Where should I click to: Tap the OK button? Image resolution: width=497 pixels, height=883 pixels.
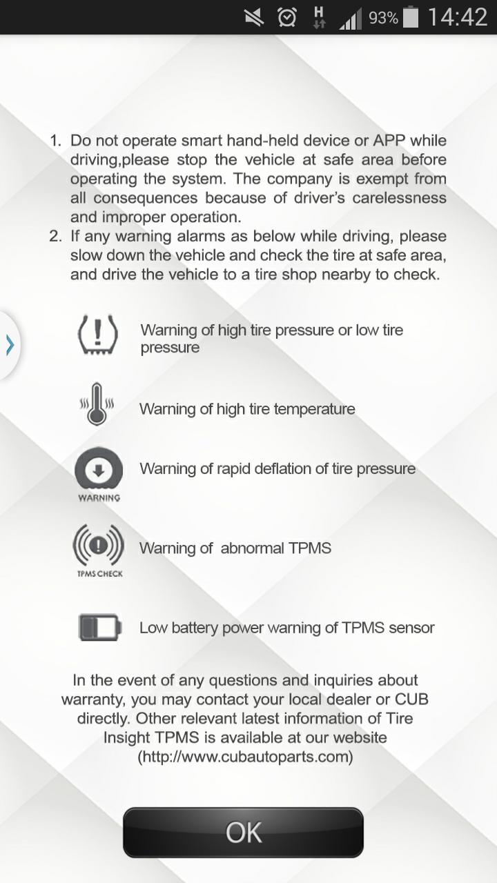[243, 832]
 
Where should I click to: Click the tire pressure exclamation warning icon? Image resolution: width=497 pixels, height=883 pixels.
[98, 335]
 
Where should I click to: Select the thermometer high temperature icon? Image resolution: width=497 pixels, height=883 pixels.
[97, 404]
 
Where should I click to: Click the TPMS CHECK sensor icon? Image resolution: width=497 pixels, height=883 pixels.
[98, 546]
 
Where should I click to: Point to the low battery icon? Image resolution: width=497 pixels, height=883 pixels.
[99, 627]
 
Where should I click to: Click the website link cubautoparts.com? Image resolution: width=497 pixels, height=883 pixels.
[246, 757]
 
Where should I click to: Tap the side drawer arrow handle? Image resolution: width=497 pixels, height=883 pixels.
[10, 344]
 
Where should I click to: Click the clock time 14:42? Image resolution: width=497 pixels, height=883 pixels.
[457, 17]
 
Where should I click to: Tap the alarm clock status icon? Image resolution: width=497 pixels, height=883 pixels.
[287, 17]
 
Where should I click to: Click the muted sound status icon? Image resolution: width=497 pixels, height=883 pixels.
[255, 17]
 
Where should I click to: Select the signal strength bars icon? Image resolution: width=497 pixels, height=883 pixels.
[350, 19]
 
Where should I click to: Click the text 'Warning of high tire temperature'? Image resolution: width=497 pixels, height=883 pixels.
[247, 409]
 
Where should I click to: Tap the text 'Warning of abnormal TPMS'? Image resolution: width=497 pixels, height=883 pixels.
[235, 548]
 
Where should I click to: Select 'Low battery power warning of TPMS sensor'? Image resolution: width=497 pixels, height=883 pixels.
[286, 628]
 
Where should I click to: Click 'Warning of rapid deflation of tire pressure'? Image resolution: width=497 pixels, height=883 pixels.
[277, 469]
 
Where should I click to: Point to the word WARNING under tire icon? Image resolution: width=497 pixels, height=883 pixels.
[99, 498]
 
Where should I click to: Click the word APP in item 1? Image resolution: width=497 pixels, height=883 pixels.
[389, 141]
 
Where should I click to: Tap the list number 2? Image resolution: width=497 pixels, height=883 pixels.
[55, 236]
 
